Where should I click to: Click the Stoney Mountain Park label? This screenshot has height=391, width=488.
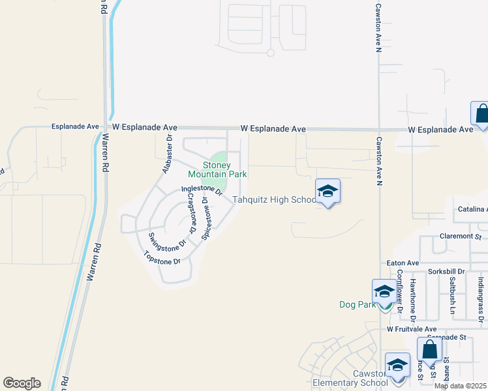(x=217, y=170)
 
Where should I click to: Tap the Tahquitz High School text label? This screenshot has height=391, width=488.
(x=275, y=200)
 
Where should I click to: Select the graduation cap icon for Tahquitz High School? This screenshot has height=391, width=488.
(x=328, y=191)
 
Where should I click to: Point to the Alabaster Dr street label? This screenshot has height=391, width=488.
(x=166, y=154)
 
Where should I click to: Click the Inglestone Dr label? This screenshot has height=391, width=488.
(x=202, y=190)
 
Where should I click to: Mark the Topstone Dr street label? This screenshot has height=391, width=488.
(x=161, y=257)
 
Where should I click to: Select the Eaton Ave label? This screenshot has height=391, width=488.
(x=403, y=263)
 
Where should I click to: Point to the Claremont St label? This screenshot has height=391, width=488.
(x=460, y=237)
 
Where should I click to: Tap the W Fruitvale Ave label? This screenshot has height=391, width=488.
(x=411, y=330)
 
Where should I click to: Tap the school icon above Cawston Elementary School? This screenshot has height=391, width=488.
(x=397, y=366)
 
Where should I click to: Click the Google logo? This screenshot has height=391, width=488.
(x=22, y=383)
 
